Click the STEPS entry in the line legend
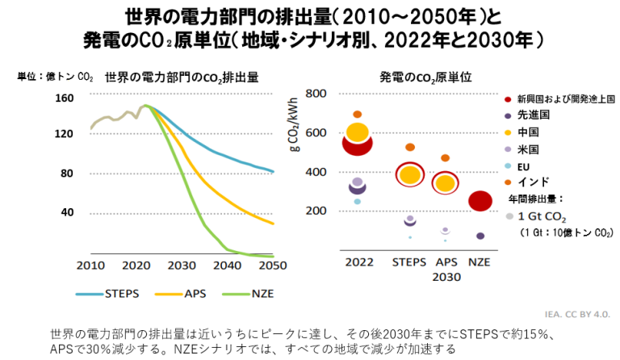[111, 294]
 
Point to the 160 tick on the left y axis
[65, 98]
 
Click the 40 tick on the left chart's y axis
[67, 212]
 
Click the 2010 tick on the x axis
[90, 266]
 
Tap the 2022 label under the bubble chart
[358, 262]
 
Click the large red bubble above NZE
[480, 201]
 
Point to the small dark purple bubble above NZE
[480, 236]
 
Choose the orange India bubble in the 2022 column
[358, 115]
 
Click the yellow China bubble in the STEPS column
[410, 174]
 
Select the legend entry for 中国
[529, 132]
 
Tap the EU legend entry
[525, 165]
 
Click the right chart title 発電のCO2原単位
[425, 78]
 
